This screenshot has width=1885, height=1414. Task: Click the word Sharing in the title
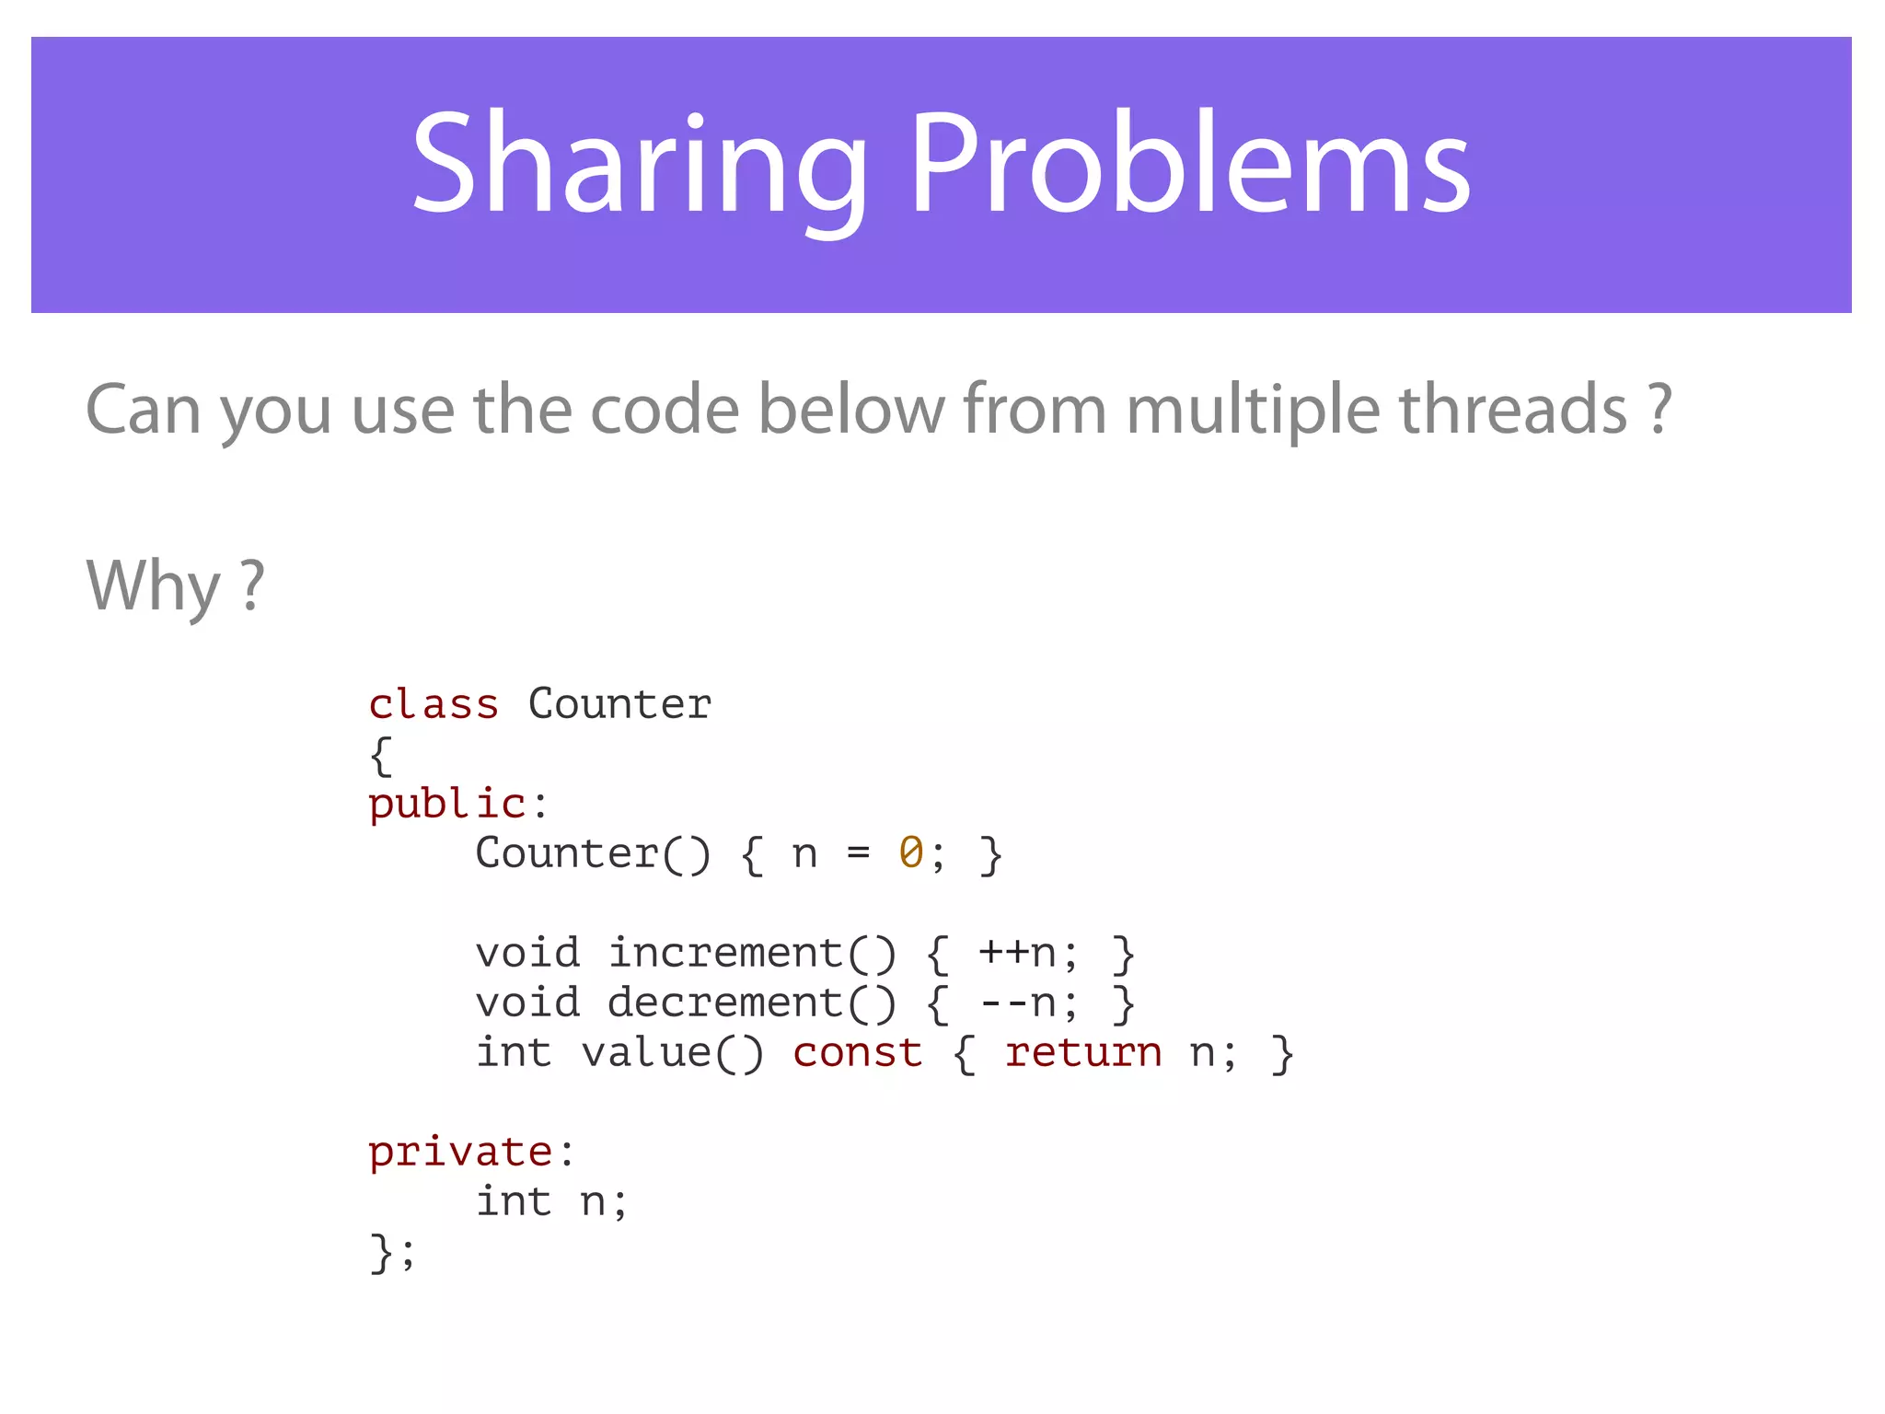pos(638,166)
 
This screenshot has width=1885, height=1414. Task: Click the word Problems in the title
pos(1190,166)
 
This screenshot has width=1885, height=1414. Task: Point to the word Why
pos(153,586)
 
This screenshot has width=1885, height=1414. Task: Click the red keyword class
pos(434,705)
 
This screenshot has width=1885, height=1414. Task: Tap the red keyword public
pos(447,805)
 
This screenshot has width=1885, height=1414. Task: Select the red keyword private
pos(460,1153)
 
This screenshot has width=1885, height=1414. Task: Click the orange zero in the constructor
pos(911,853)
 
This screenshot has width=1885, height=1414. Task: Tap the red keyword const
pos(858,1053)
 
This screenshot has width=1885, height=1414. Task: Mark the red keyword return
pos(1083,1053)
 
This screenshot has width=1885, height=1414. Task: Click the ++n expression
pos(1017,954)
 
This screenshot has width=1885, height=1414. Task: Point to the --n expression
pos(1017,1003)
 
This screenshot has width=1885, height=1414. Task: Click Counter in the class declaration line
pos(619,705)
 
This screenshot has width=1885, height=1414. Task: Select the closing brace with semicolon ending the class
pos(392,1252)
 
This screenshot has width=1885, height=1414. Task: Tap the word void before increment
pos(527,954)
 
